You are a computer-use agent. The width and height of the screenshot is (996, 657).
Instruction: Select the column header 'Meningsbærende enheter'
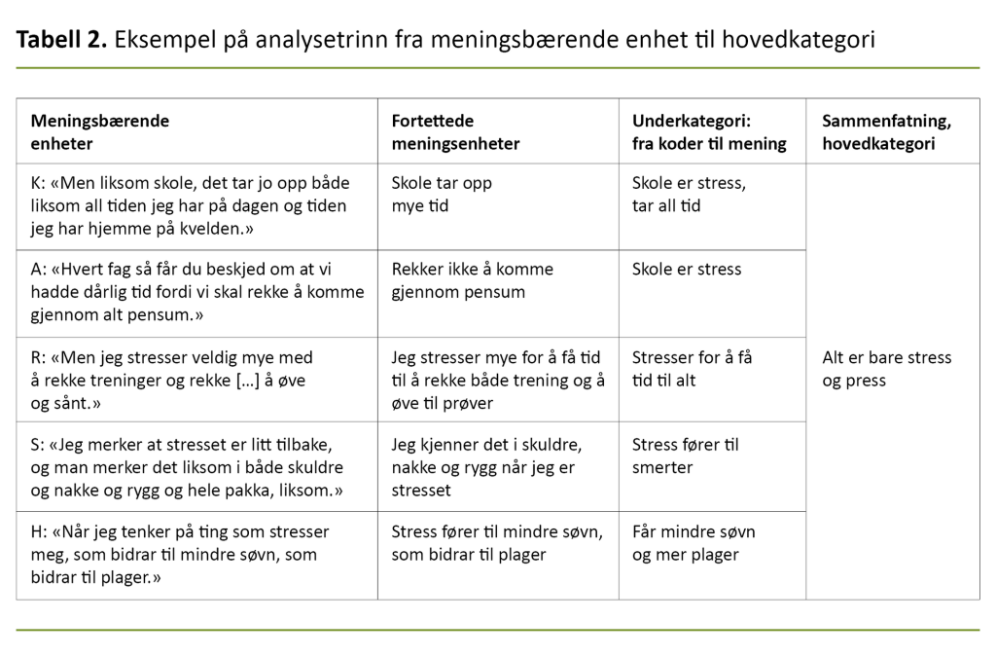[100, 132]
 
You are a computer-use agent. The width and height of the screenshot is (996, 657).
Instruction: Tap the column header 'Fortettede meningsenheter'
[455, 132]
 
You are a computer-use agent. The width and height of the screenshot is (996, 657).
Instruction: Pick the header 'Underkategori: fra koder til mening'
[708, 132]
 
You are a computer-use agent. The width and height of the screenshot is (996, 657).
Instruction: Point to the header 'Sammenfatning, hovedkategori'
[886, 132]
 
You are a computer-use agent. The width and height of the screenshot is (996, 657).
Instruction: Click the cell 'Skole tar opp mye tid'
[442, 194]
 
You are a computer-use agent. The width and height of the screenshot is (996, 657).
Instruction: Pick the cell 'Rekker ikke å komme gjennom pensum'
[472, 280]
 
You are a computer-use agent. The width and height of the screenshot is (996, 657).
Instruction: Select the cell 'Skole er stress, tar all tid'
[689, 194]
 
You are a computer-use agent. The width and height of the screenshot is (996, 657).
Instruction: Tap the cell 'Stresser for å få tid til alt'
[692, 369]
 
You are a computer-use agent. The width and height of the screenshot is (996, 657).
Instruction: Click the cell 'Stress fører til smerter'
[685, 456]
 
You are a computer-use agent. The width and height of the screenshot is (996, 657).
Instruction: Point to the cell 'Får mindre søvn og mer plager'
[693, 543]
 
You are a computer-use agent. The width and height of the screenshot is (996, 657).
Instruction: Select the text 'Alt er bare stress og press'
[886, 369]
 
